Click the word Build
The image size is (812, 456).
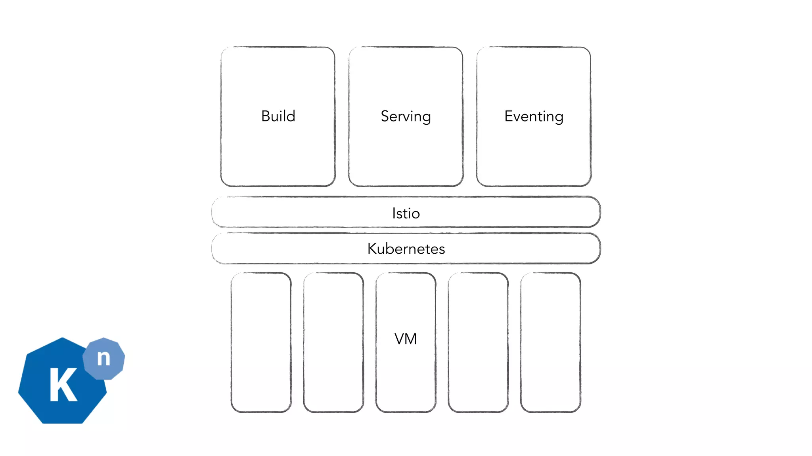278,116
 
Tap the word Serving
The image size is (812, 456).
406,116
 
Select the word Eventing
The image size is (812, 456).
534,116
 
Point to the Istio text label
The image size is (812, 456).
406,213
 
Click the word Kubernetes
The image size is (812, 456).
406,249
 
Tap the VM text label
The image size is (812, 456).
406,339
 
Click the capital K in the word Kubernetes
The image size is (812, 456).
373,249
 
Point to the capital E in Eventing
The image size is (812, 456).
509,116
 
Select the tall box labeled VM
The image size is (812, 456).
406,376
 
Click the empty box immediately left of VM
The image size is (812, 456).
333,342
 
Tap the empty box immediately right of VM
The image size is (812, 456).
478,342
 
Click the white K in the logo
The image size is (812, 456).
63,385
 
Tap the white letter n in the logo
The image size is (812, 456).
103,358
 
